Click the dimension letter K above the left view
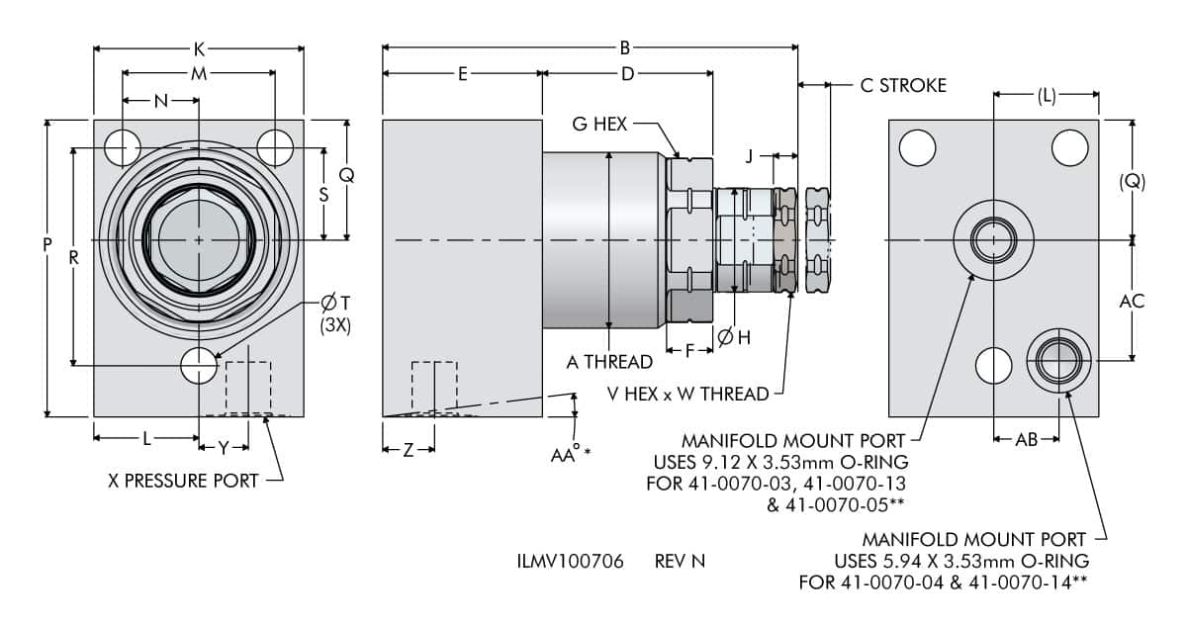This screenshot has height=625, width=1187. click(199, 47)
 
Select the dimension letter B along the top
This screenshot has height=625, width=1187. click(625, 47)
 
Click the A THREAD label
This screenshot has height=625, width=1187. click(609, 362)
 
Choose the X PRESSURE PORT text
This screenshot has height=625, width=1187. click(183, 481)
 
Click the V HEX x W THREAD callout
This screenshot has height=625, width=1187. click(688, 395)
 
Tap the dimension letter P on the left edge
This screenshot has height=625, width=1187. click(47, 254)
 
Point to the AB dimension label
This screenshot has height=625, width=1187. click(1027, 440)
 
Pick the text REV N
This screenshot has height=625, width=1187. click(680, 561)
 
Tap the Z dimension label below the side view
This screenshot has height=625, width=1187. click(408, 450)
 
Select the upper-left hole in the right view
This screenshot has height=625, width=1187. click(917, 148)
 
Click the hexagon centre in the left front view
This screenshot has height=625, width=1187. click(199, 240)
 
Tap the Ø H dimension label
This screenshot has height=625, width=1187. click(733, 338)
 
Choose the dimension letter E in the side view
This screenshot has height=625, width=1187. click(462, 74)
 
